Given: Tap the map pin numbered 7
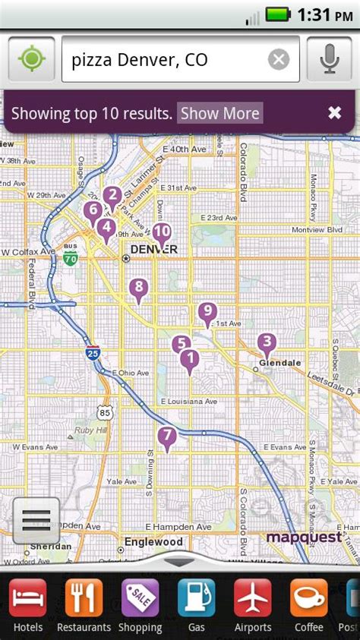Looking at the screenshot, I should pos(167,437).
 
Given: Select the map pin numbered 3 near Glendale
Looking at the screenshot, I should pos(266,342).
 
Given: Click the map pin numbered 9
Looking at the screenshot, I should pos(207,311).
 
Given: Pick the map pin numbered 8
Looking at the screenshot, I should pos(138,288).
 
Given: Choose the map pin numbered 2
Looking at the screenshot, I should pos(112,196).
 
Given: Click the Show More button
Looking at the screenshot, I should pos(219,114).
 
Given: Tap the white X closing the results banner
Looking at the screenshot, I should pos(334,113).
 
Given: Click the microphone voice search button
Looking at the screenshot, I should pos(329,59).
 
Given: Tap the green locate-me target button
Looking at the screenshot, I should pos(31,59).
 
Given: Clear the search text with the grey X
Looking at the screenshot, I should pos(279,59).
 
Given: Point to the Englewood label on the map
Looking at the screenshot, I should pos(154,542).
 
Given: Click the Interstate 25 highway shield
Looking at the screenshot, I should pos(92,352).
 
